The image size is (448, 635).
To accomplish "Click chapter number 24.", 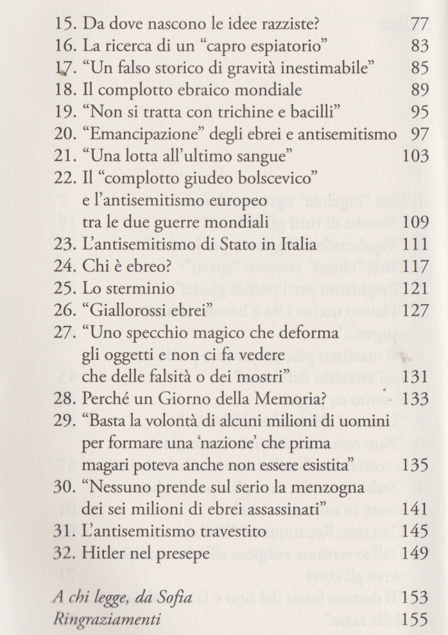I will click(x=64, y=266).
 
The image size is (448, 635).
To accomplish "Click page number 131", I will click(x=414, y=377).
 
